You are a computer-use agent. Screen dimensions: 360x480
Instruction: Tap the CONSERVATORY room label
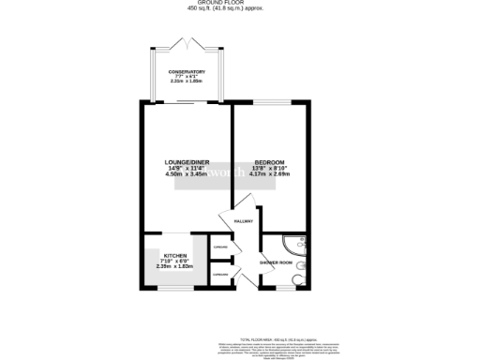pyautogui.click(x=186, y=71)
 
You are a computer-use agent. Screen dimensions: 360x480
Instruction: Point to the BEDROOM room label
pyautogui.click(x=269, y=161)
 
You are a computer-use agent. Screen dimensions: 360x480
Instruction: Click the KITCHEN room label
pyautogui.click(x=175, y=255)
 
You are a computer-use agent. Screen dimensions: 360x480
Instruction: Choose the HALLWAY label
pyautogui.click(x=244, y=222)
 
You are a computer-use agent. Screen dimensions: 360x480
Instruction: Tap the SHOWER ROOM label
pyautogui.click(x=275, y=262)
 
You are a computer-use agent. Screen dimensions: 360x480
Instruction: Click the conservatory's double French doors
pyautogui.click(x=187, y=43)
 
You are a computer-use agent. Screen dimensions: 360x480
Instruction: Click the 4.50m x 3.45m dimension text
pyautogui.click(x=185, y=174)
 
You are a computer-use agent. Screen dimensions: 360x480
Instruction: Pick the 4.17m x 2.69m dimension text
pyautogui.click(x=269, y=174)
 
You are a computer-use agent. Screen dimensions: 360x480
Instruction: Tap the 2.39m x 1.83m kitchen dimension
pyautogui.click(x=175, y=267)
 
